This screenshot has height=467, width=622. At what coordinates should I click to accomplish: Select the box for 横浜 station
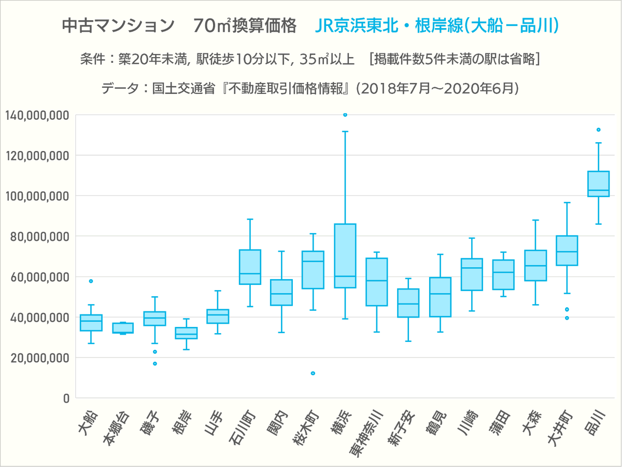tap(345, 255)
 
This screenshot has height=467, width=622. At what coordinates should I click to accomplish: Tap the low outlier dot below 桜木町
tap(313, 373)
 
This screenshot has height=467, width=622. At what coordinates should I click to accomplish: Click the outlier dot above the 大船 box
tap(91, 281)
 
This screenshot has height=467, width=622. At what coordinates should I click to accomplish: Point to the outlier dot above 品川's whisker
tap(598, 130)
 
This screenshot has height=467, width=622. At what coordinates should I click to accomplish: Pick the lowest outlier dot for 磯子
tap(154, 363)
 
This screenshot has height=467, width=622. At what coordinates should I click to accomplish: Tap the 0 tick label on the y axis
tap(66, 398)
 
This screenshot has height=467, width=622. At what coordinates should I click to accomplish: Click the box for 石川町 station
tap(250, 267)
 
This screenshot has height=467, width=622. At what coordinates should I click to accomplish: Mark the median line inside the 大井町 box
tap(567, 252)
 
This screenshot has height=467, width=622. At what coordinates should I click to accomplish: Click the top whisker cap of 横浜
tap(345, 132)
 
